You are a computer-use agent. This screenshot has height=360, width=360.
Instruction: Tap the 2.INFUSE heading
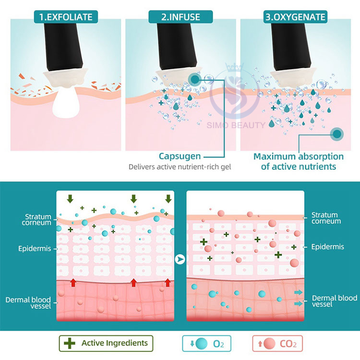coord(180,18)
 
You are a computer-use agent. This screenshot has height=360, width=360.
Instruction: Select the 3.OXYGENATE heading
coord(295,18)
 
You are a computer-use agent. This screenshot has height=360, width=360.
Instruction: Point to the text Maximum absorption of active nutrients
coord(299,161)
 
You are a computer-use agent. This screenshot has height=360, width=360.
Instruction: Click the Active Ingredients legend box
coord(106,343)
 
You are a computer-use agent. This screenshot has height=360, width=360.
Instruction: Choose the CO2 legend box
coord(277,343)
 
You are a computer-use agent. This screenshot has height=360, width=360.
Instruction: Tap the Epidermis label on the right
coord(328,247)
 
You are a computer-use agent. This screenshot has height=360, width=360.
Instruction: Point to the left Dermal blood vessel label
coord(28,303)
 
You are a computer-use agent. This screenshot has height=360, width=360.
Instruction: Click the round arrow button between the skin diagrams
coord(180,260)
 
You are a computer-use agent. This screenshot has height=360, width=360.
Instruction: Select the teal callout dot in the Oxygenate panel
coord(337,134)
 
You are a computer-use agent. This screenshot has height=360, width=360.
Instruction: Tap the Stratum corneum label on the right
coord(325,218)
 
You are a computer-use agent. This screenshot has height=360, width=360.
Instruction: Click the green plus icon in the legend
coord(70,343)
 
